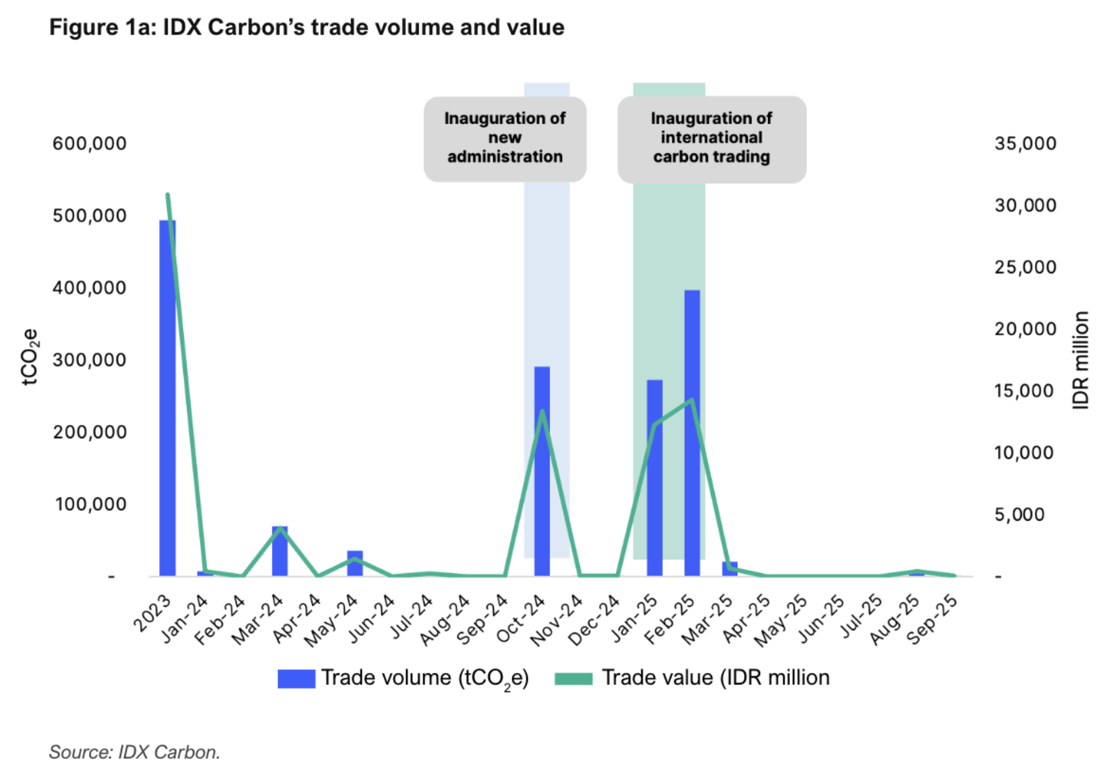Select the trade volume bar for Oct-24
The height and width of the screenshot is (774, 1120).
point(542,471)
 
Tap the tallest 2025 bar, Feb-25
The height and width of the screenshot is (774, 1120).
point(692,433)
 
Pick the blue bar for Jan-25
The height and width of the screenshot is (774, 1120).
point(654,478)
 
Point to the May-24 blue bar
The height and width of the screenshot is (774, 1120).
point(355,563)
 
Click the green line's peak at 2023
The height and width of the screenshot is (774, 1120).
point(167,195)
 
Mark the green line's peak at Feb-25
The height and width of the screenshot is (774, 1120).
point(691,400)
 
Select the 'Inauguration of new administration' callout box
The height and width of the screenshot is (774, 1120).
point(505,138)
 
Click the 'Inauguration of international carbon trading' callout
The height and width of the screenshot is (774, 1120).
point(711,138)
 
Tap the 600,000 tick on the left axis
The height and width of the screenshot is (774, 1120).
point(90,144)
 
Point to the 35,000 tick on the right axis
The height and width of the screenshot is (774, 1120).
point(1025,144)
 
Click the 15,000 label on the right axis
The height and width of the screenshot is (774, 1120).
point(1024,391)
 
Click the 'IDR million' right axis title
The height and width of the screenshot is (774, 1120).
point(1080,360)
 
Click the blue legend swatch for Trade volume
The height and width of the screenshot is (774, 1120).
point(296,678)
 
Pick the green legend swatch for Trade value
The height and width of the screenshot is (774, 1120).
point(573,678)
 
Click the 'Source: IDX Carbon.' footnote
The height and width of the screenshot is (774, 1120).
point(134,752)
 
